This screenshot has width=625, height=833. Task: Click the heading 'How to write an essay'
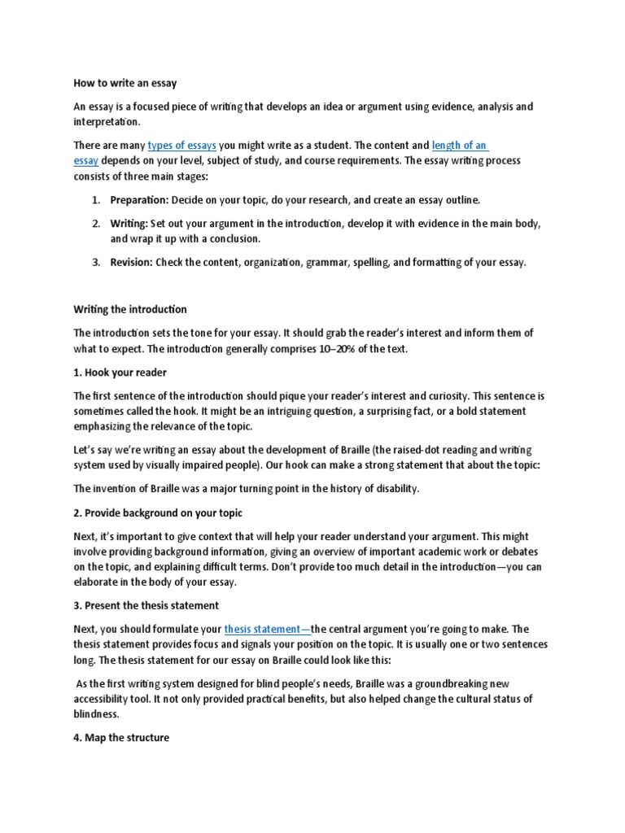coord(125,83)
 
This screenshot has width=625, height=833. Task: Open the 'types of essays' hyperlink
coord(181,146)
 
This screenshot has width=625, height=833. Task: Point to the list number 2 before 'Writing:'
coord(94,223)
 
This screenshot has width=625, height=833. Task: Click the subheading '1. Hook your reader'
coord(120,373)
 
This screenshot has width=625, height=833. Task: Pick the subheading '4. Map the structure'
coord(121,738)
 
